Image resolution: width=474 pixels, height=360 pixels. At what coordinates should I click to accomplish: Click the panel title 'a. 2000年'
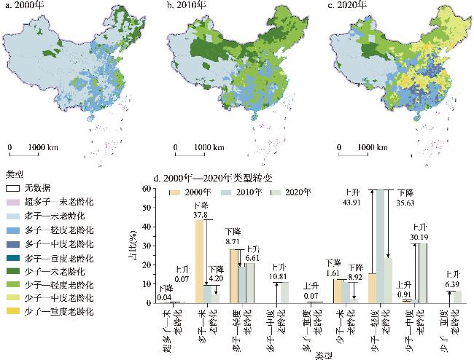[23, 7]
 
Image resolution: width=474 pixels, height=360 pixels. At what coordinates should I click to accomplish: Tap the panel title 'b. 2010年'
[189, 7]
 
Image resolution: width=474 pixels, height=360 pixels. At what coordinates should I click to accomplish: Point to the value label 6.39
[454, 283]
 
